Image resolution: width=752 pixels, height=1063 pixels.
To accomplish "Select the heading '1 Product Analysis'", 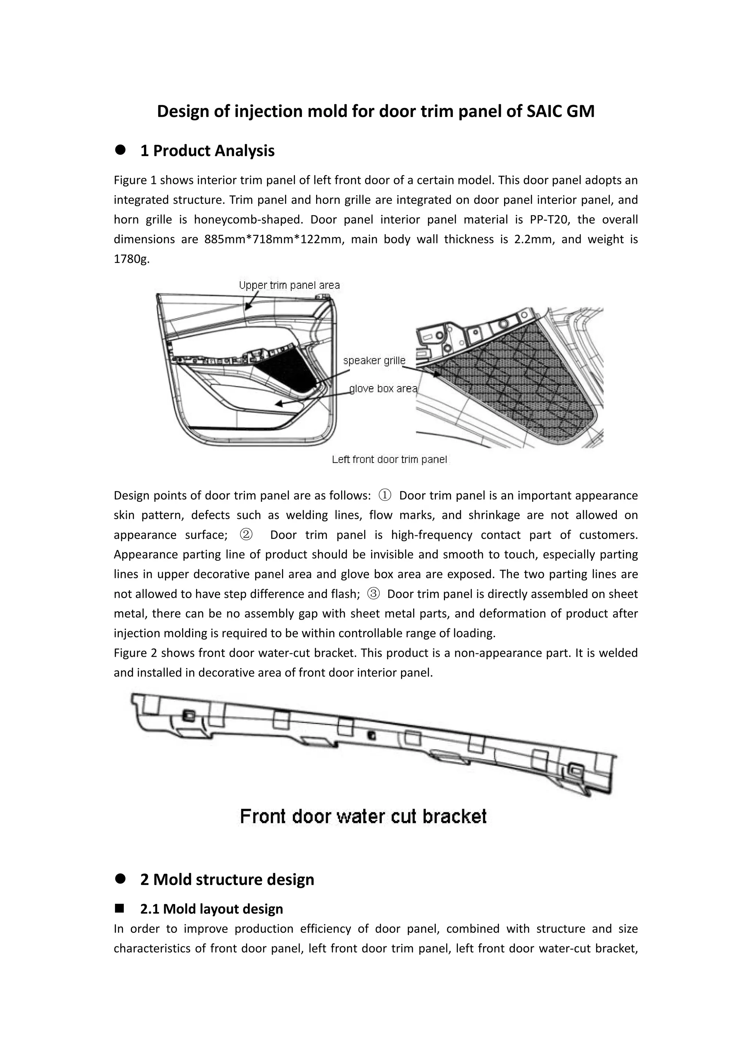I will pos(207,151).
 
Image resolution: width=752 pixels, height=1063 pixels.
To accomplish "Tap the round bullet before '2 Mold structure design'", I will pos(121,879).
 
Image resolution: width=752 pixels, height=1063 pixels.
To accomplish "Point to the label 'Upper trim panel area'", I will pos(289,285).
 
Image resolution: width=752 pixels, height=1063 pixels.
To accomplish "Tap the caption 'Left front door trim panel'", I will pos(389,459).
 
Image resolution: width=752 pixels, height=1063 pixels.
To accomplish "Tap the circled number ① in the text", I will pos(385,496).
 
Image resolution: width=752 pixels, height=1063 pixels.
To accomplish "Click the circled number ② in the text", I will pos(246,535).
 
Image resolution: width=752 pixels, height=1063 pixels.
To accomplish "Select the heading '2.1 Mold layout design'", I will pos(211,909).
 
